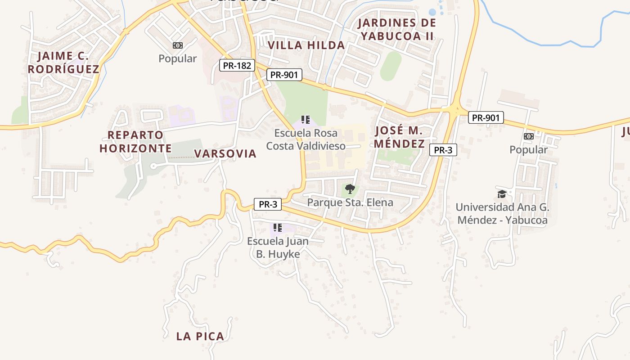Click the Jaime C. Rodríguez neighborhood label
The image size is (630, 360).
63,63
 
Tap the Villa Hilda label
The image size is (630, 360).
306,45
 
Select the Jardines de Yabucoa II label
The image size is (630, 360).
396,29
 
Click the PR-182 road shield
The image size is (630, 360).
237,65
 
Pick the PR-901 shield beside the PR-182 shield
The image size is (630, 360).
284,75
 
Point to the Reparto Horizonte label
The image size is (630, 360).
135,141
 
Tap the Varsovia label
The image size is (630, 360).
225,153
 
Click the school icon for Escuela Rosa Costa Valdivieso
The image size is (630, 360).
306,120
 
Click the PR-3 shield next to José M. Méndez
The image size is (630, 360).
443,150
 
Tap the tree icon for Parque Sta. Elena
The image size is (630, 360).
350,189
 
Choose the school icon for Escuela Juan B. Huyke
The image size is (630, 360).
278,228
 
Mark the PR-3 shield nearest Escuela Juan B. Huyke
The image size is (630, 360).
268,204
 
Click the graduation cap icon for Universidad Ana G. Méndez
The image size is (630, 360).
502,194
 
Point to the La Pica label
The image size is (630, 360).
200,336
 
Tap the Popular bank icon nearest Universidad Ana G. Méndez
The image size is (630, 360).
529,136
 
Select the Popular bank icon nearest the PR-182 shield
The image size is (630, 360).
178,45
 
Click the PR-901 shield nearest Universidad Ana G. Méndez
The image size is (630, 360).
486,118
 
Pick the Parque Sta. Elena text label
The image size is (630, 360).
350,202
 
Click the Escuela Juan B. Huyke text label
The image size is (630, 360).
278,247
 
